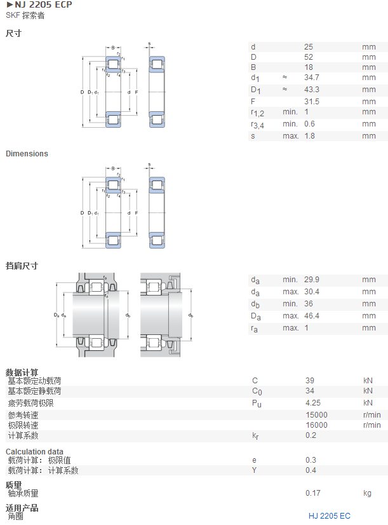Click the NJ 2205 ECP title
point(43,4)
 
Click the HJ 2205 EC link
point(330,516)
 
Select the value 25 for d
point(309,47)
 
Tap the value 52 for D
point(309,57)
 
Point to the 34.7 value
point(311,78)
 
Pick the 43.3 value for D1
point(311,90)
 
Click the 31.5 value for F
point(311,102)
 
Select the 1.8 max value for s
point(309,136)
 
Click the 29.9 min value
point(311,280)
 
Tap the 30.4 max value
point(311,292)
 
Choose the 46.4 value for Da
point(311,316)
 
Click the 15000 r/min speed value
point(316,415)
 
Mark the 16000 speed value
point(316,425)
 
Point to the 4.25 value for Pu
point(312,403)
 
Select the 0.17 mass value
point(312,493)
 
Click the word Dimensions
point(27,154)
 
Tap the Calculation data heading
point(34,452)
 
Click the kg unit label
point(367,493)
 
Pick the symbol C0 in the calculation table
point(257,392)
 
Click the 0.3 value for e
point(311,460)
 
